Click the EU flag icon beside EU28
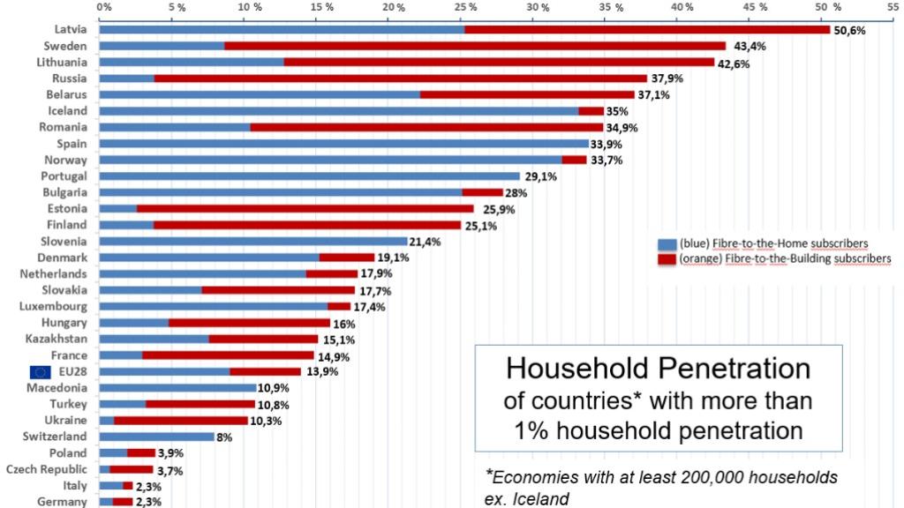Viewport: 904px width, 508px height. click(41, 371)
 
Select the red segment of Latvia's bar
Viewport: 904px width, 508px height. click(647, 29)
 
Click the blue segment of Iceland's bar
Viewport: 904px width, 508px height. click(339, 111)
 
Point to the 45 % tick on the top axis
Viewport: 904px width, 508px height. click(755, 7)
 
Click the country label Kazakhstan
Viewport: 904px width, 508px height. click(56, 339)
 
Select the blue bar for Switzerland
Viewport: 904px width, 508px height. click(156, 437)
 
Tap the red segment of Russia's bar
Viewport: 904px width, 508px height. click(401, 78)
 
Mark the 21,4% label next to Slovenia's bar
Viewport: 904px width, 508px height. click(426, 241)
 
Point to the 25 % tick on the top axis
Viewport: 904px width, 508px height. click(465, 7)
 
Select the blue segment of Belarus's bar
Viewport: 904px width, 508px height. click(260, 94)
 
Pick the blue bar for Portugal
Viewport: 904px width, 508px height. click(310, 176)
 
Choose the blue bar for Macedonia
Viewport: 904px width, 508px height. click(177, 387)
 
